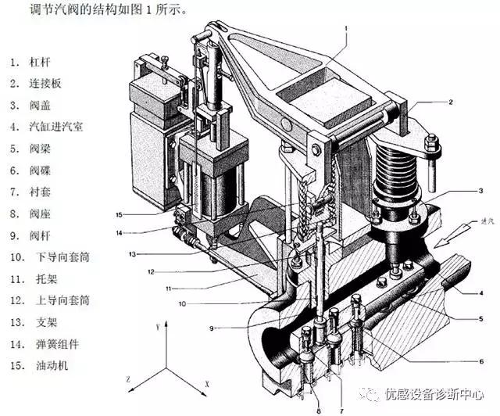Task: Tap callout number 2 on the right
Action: (451, 102)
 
